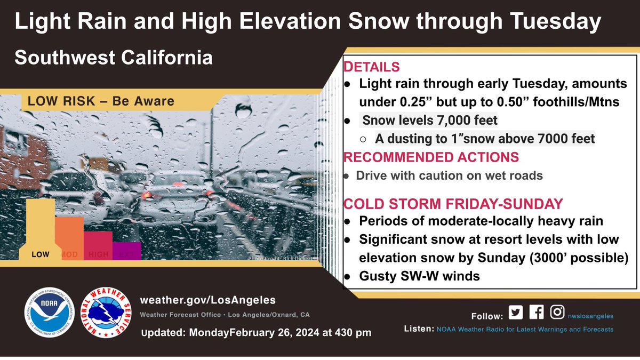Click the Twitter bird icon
[x=517, y=313]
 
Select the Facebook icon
[x=537, y=313]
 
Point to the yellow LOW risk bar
[x=40, y=229]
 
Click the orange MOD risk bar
[x=69, y=237]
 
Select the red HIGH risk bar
[x=98, y=245]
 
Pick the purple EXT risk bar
[x=126, y=250]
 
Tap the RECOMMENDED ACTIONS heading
[x=431, y=157]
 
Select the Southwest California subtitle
[x=113, y=58]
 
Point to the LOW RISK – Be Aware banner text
[x=98, y=101]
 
